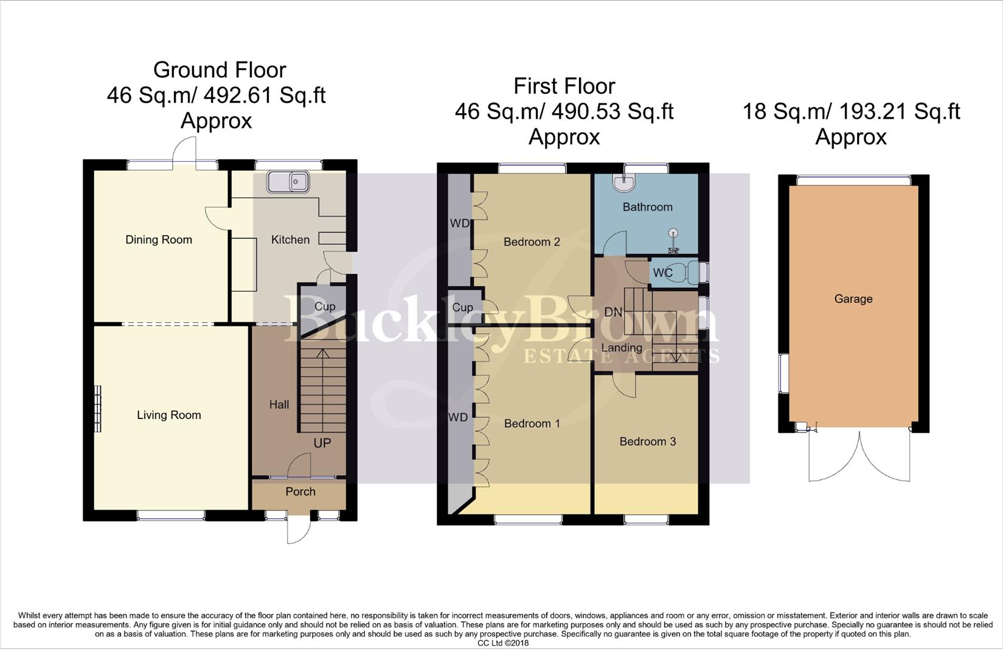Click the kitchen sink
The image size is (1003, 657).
point(288,181)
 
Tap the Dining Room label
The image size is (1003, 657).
point(159,240)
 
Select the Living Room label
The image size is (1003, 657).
point(168,415)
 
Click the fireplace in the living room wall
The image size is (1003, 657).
point(97,409)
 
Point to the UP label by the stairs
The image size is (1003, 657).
point(322,443)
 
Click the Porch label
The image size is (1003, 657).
point(300,492)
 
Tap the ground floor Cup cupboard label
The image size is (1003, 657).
point(325,307)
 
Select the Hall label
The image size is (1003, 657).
point(279,405)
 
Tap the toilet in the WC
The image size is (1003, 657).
point(690,273)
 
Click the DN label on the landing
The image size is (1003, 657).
point(613,312)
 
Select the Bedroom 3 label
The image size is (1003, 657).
point(647,442)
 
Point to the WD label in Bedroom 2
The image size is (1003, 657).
point(460,223)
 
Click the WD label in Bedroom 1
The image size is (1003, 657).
point(458,417)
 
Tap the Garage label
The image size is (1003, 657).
point(853,299)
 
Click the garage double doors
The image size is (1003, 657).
point(859,456)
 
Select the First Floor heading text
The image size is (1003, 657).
point(564,86)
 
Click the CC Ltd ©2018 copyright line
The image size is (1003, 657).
point(503,643)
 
